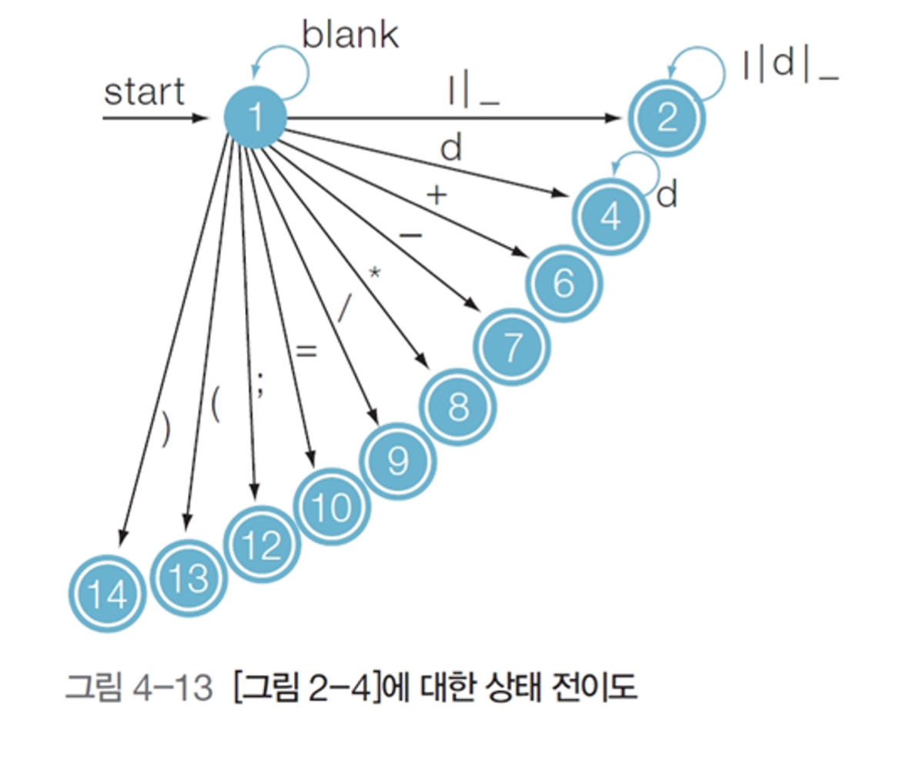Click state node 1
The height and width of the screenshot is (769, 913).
tap(255, 118)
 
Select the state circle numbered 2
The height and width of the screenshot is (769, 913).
tap(667, 117)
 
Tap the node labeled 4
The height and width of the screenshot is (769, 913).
tap(610, 217)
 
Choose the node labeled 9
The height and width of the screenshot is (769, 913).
tap(397, 460)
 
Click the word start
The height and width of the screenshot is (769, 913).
tap(144, 92)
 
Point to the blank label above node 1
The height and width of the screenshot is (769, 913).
tap(350, 35)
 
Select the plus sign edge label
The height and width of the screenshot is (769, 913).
tap(436, 195)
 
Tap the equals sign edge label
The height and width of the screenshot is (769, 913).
tap(306, 351)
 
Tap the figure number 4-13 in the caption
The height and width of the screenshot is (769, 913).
tap(172, 687)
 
